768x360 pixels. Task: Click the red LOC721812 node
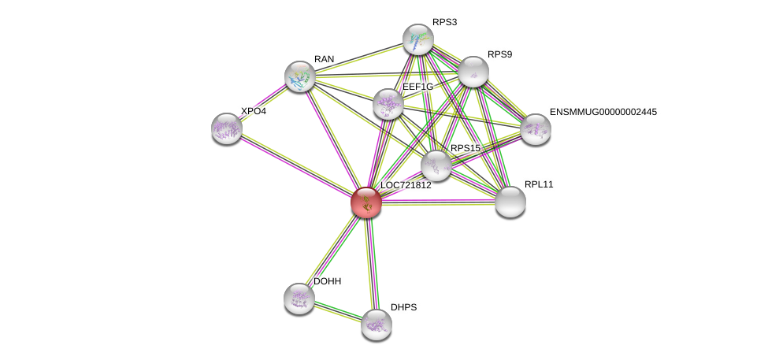click(366, 202)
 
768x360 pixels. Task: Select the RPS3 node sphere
click(417, 39)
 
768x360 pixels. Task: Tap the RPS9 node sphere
click(473, 72)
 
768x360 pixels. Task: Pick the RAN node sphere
click(300, 76)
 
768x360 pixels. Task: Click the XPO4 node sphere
click(226, 128)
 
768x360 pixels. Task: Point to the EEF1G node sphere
click(388, 104)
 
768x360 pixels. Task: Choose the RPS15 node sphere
click(436, 165)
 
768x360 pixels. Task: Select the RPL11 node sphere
click(510, 202)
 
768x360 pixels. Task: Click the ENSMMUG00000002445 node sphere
click(535, 129)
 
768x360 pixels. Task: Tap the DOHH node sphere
click(299, 298)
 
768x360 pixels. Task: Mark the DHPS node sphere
click(377, 324)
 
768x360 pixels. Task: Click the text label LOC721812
click(406, 186)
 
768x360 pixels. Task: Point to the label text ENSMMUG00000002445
click(603, 112)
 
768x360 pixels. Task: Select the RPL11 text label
click(539, 184)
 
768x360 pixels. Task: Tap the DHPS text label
click(403, 307)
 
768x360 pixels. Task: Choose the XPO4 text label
click(253, 112)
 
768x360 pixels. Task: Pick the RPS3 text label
click(444, 22)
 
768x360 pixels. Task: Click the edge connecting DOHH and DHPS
click(338, 311)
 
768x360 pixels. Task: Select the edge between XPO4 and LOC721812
click(296, 165)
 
